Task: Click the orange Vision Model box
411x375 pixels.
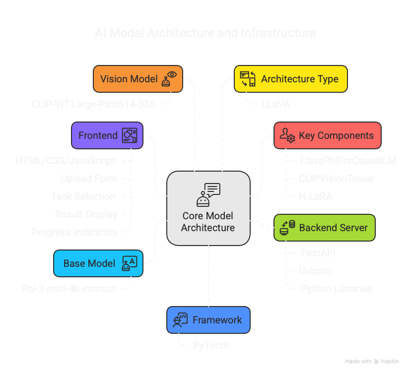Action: pos(137,79)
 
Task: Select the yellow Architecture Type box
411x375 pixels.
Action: pos(290,79)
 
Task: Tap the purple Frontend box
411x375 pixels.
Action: pos(107,135)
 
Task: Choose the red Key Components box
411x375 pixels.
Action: pos(327,135)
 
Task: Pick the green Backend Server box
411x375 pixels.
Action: pos(324,228)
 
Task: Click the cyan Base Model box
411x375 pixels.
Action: pos(98,263)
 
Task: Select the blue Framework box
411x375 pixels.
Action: pos(208,320)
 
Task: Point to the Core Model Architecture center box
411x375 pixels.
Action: pos(208,208)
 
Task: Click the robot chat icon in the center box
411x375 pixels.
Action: pos(208,194)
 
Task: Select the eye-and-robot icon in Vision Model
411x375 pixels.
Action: pos(169,79)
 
